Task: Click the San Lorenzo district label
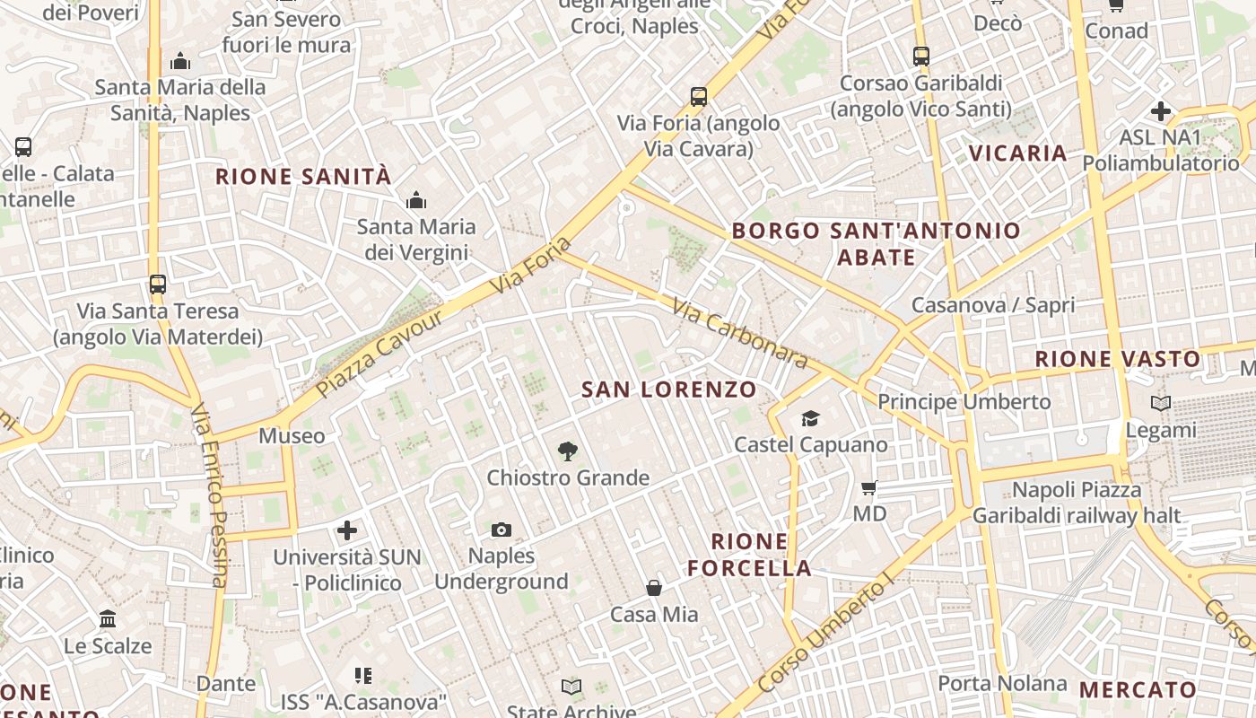coord(669,390)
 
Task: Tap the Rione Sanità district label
coord(303,177)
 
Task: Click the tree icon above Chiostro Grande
coord(567,451)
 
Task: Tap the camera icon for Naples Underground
coord(502,530)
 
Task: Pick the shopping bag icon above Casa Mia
coord(654,588)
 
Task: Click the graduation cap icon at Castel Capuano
coord(810,418)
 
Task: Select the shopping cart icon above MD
coord(868,488)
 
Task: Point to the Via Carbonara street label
coord(739,334)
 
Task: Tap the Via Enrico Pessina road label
coord(209,495)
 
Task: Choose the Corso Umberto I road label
coord(827,635)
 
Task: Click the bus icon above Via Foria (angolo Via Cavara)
coord(699,97)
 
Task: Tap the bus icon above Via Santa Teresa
coord(158,285)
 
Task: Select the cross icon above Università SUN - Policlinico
coord(347,530)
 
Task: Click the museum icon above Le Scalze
coord(109,618)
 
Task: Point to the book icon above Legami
coord(1161,404)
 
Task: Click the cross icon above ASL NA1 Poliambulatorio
coord(1161,112)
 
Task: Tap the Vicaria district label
coord(1018,153)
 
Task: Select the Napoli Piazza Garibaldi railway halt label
coord(1077,503)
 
